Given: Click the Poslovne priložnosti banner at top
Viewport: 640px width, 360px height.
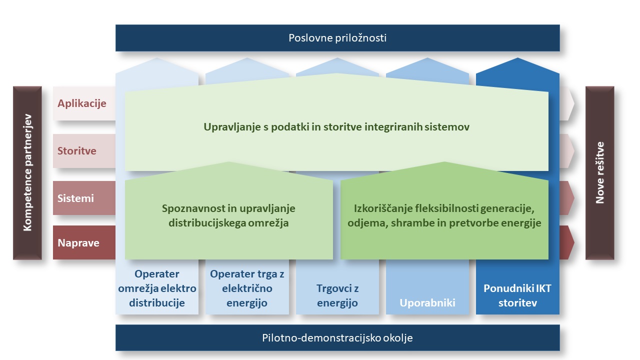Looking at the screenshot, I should (337, 38).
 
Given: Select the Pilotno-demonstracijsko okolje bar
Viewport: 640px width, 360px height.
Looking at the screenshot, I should (337, 338).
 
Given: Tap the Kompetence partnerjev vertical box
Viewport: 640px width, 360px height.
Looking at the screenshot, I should (27, 173).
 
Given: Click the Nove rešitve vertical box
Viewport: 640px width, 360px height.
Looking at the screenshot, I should (599, 173).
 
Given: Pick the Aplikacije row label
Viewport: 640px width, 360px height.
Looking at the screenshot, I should (82, 103).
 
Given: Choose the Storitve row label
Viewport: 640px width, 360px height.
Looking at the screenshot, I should (77, 150).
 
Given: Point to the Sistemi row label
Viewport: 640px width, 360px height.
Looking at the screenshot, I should (75, 198).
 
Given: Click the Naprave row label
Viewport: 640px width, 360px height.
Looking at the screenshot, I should (78, 243).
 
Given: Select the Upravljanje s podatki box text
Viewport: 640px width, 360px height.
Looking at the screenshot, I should (336, 127).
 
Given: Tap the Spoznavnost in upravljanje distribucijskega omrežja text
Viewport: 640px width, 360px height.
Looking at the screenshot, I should (229, 215).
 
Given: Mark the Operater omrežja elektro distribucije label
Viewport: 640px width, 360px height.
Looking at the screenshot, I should (157, 288).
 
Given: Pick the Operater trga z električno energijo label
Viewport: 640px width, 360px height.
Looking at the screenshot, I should (247, 288).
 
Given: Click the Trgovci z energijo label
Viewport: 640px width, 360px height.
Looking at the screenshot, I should (337, 295).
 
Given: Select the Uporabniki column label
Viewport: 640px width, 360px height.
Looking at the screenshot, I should (427, 302).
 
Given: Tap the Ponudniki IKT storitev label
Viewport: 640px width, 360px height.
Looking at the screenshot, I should (517, 295).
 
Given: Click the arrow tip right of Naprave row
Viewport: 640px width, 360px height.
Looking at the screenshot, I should (569, 242).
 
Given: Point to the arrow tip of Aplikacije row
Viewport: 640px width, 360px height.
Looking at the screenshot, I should (569, 103).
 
